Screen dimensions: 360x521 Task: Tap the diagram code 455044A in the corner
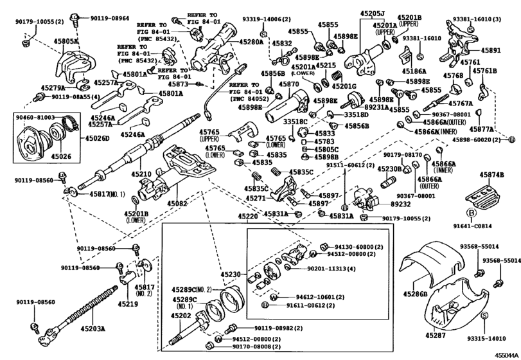(x=506, y=354)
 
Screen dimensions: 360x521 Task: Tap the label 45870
(x=288, y=84)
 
